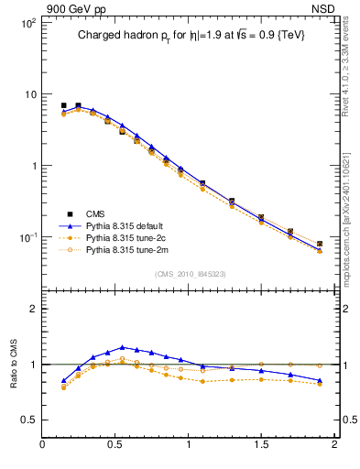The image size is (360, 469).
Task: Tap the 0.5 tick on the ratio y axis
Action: click(28, 420)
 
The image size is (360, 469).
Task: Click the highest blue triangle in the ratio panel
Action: click(122, 347)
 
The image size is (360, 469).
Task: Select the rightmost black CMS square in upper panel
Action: click(320, 245)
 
